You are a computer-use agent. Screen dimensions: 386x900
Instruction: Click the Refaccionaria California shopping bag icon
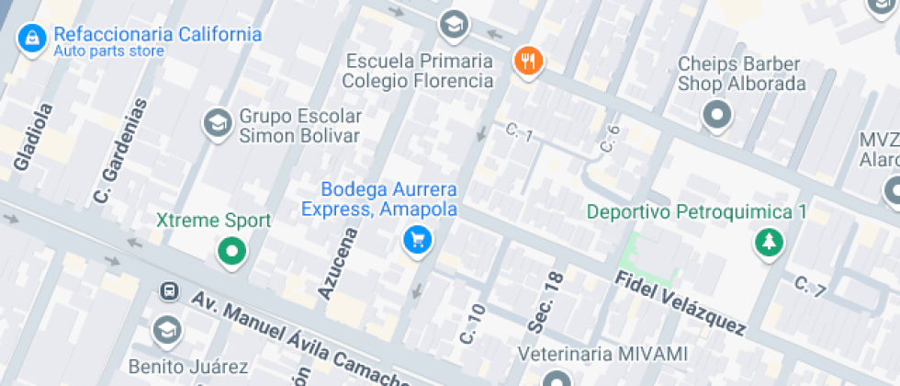coord(32,39)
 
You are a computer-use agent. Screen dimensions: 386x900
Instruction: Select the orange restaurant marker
coord(527,62)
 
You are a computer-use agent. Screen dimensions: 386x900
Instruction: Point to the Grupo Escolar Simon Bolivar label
coord(299,126)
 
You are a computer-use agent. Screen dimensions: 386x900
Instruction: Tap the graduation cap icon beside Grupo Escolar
coord(218,122)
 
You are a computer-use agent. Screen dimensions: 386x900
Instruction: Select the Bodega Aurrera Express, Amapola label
coord(378,199)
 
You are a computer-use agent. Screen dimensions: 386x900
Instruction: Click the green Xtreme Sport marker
coord(231,250)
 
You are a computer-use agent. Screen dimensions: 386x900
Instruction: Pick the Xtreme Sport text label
coord(213,221)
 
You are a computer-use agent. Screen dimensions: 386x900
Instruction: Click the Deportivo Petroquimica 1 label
coord(696,212)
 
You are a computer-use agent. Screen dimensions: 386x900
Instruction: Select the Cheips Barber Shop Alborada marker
coord(716,116)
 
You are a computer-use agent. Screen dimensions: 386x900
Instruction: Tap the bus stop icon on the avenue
coord(169,291)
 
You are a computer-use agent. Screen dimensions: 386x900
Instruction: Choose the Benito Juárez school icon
coord(167,330)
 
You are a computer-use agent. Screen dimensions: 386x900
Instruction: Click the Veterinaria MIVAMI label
coord(602,354)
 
